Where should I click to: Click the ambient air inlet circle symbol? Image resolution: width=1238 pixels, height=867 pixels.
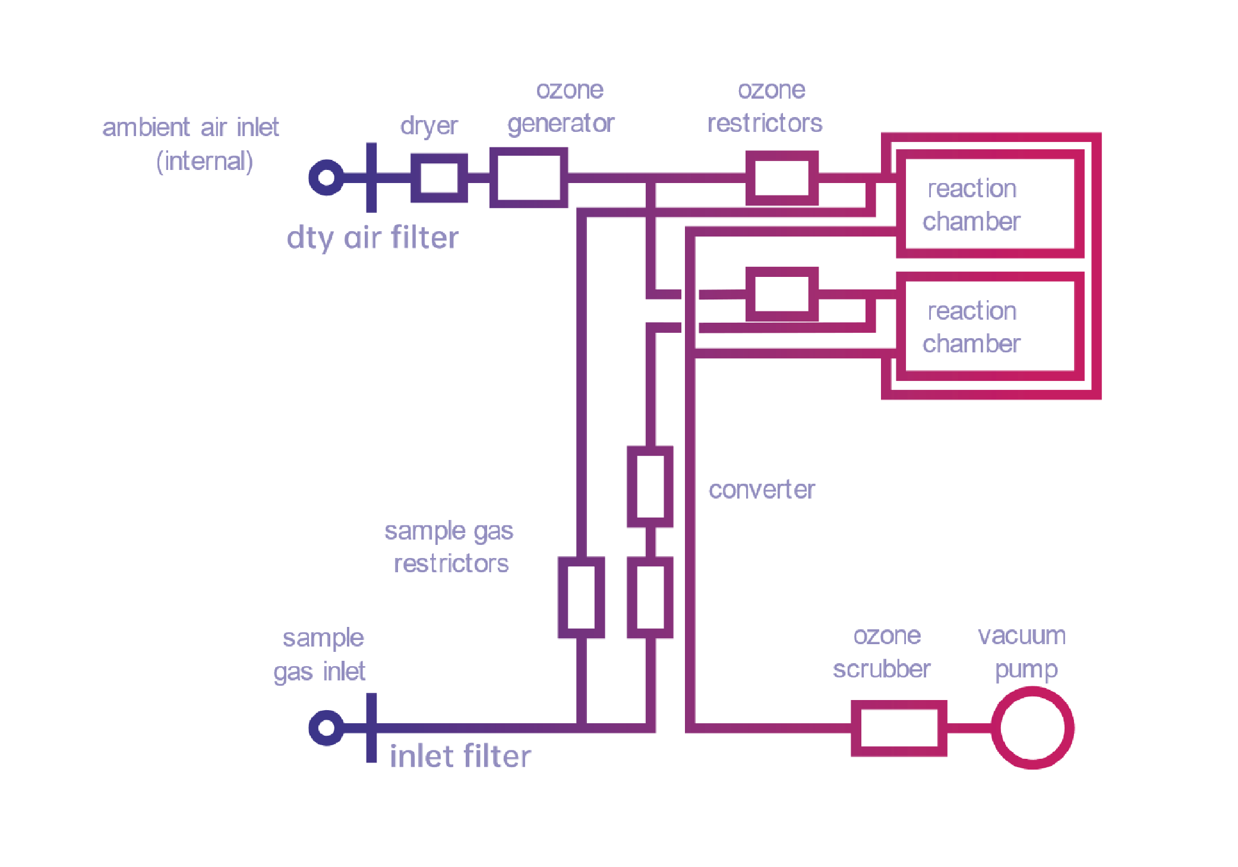point(326,177)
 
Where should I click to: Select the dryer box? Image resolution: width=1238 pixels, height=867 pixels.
point(439,178)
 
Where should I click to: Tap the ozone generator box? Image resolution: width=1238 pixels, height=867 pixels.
point(528,177)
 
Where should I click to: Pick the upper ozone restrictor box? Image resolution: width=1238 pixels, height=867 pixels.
point(782,178)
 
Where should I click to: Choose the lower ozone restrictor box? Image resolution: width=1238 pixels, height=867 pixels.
point(782,295)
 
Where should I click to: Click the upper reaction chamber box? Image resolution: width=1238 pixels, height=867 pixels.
point(990,204)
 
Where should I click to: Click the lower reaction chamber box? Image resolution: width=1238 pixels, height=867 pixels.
point(990,326)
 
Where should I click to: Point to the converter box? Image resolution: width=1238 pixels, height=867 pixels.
point(650,486)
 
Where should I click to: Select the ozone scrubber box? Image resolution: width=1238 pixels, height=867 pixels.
point(898,728)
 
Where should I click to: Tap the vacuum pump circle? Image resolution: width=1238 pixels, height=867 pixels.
point(1032,728)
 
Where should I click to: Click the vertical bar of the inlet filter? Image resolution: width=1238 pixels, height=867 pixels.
point(371,727)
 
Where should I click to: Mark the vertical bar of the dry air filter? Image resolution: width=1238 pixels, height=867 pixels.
point(371,177)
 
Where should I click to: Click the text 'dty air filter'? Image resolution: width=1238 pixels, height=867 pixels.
point(372,238)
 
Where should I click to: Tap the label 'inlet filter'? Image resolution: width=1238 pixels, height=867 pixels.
point(460,756)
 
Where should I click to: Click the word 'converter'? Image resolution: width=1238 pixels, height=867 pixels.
point(762,490)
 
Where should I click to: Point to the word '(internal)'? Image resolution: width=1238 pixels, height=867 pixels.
point(204,161)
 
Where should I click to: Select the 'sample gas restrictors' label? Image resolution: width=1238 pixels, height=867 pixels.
point(450,547)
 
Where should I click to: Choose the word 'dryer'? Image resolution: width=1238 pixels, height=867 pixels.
point(428,125)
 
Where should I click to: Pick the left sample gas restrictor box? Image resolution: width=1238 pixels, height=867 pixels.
point(581,597)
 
